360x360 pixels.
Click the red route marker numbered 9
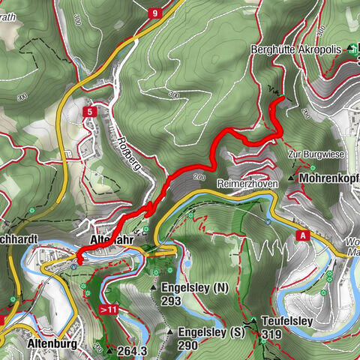click(154, 13)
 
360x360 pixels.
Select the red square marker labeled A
click(303, 235)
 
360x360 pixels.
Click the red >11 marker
click(109, 308)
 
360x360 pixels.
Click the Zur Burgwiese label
click(316, 154)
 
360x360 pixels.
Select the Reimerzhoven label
click(247, 183)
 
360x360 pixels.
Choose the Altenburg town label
click(52, 343)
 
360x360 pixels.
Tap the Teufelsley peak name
click(286, 320)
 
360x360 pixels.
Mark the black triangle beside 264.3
click(110, 350)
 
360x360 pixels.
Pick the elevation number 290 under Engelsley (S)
click(188, 346)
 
